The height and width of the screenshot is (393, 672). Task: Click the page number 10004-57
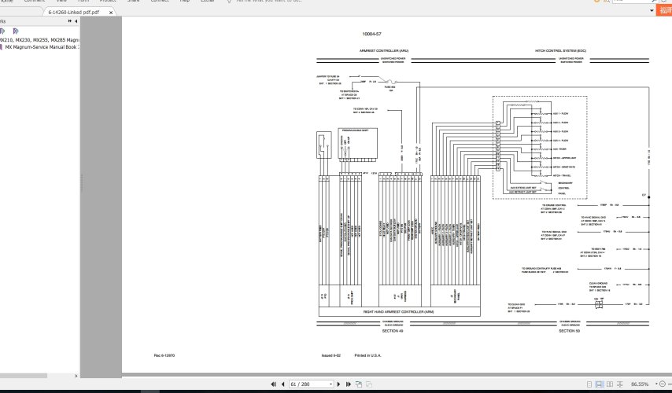coord(371,35)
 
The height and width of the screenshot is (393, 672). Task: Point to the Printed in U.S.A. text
coord(367,355)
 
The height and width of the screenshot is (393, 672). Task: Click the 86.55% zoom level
coord(639,384)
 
